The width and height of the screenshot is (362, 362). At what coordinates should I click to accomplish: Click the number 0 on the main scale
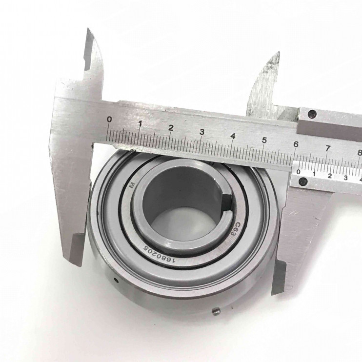pyautogui.click(x=109, y=120)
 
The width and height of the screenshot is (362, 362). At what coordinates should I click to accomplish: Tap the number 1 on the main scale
pyautogui.click(x=140, y=123)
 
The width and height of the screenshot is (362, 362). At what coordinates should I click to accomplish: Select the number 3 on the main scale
pyautogui.click(x=202, y=132)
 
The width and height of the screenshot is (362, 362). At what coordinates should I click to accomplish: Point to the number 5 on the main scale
pyautogui.click(x=264, y=140)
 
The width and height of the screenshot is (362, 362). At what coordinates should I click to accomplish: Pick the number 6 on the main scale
pyautogui.click(x=296, y=144)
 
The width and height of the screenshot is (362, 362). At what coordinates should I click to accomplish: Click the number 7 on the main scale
pyautogui.click(x=327, y=148)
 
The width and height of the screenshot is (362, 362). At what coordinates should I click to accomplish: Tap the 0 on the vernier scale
pyautogui.click(x=298, y=172)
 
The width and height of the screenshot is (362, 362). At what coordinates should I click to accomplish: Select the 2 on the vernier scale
pyautogui.click(x=330, y=176)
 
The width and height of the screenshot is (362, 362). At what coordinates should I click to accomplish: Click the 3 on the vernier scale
pyautogui.click(x=345, y=178)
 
